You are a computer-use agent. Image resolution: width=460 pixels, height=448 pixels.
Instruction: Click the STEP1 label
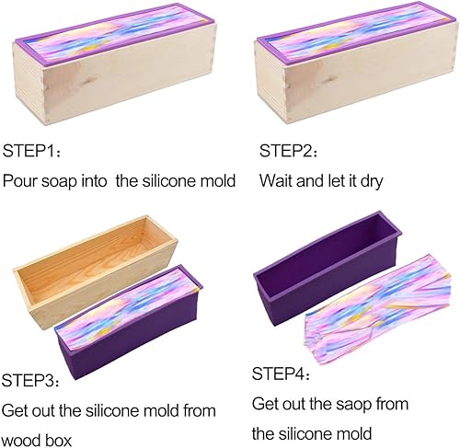30,150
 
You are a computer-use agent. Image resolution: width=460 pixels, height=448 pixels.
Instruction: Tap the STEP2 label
286,150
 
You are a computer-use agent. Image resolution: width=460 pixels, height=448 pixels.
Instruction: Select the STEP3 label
30,379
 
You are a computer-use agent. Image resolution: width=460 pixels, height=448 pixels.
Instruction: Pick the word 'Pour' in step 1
20,180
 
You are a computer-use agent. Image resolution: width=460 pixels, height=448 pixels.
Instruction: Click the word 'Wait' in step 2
276,180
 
